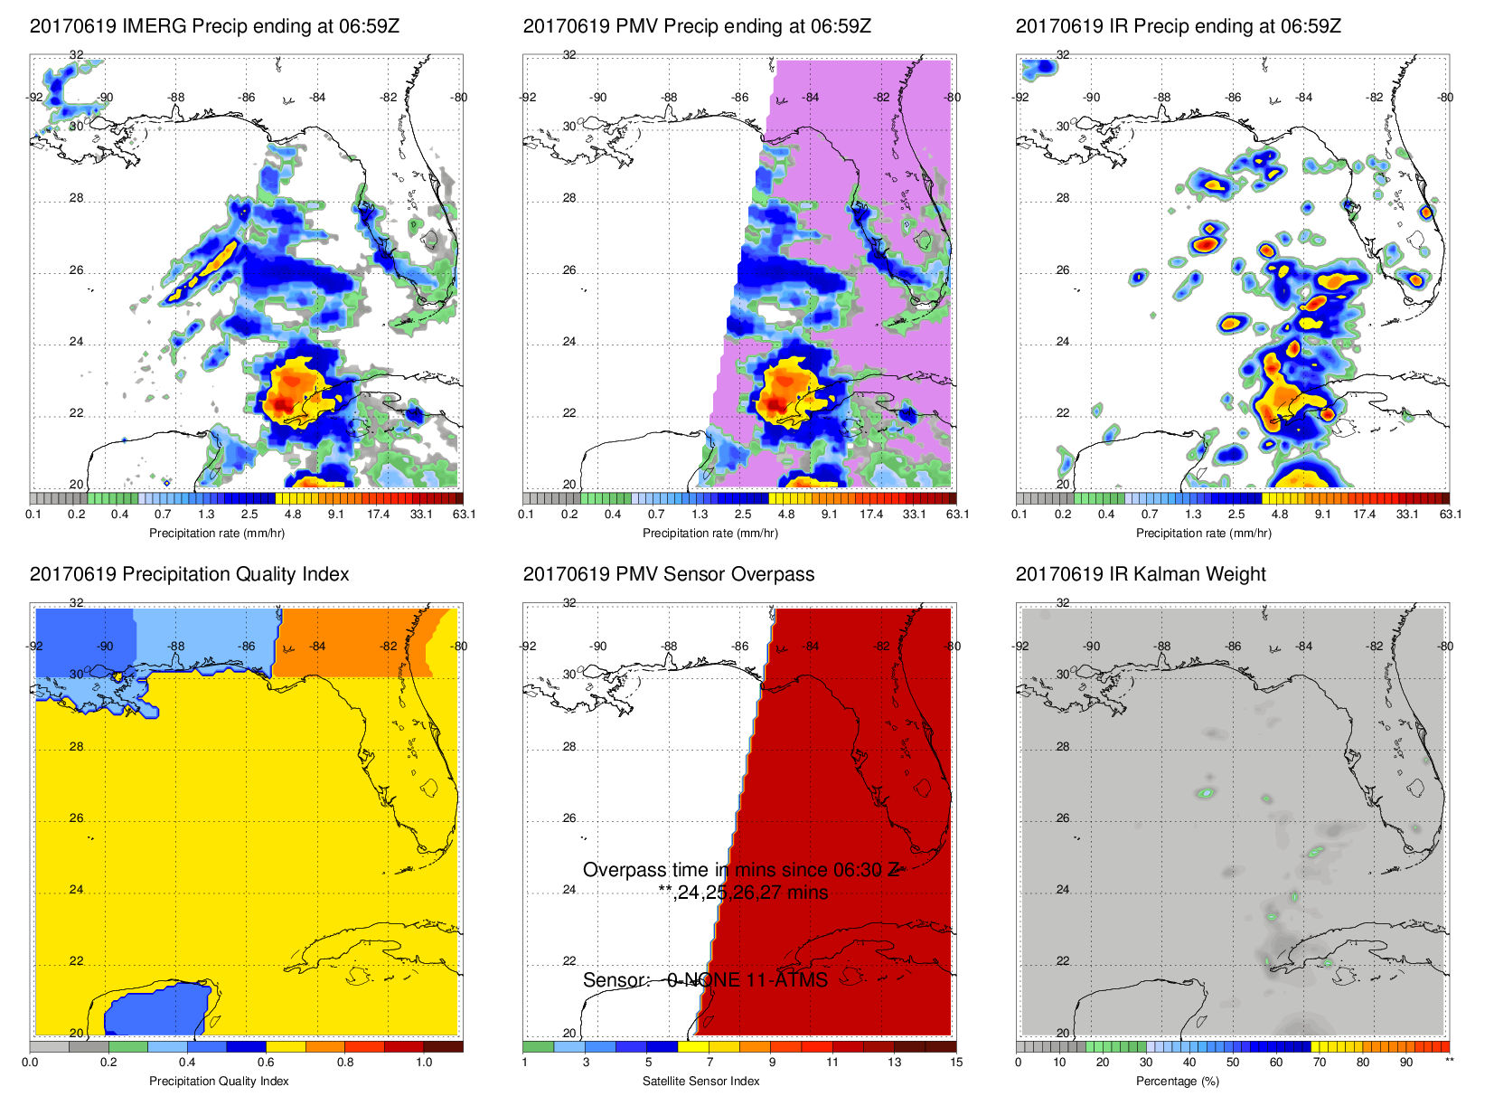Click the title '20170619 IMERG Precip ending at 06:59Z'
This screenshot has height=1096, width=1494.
click(214, 26)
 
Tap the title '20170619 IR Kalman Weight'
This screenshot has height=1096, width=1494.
click(1141, 574)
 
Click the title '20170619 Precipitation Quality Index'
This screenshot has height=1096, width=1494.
click(189, 574)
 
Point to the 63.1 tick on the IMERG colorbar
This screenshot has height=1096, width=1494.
click(464, 515)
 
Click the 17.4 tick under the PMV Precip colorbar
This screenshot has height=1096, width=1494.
click(871, 515)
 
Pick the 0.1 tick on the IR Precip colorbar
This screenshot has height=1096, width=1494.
click(1019, 515)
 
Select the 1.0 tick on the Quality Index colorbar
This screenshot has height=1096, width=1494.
click(424, 1063)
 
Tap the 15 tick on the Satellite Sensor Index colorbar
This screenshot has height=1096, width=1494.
click(956, 1063)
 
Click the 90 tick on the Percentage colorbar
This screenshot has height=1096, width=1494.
click(1406, 1063)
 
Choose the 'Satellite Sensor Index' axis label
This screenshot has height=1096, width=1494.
click(700, 1082)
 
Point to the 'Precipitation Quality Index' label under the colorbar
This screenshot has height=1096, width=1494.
click(219, 1082)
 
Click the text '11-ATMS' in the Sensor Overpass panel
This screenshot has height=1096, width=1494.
click(787, 980)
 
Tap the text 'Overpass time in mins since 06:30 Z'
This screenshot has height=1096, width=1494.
click(740, 870)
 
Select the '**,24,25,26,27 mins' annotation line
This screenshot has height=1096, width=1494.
click(743, 893)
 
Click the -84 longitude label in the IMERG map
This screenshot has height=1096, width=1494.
click(317, 98)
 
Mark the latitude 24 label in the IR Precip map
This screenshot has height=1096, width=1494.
click(1063, 342)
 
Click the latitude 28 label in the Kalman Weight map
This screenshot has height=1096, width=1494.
click(1063, 747)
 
